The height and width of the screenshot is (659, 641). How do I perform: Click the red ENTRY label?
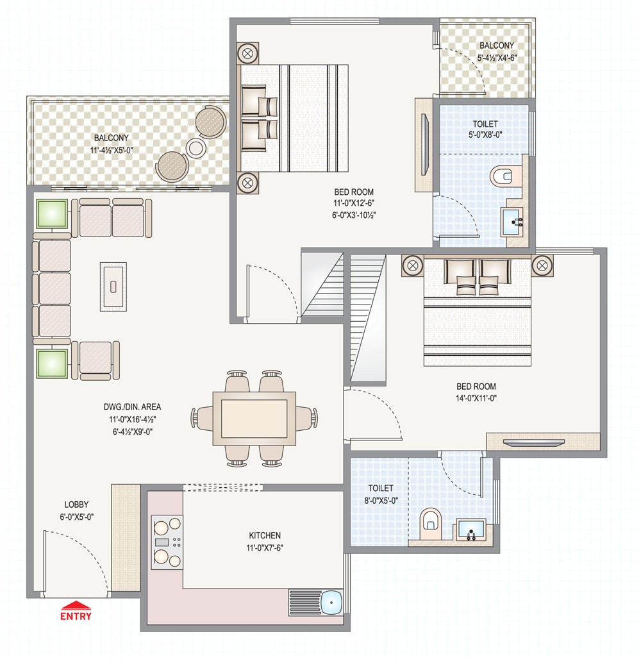click(x=76, y=616)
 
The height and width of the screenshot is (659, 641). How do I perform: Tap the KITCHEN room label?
click(x=265, y=535)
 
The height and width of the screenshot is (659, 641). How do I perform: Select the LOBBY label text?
click(x=76, y=505)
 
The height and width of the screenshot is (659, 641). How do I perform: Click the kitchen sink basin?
click(x=332, y=602)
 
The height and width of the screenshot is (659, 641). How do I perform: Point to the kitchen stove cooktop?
click(x=167, y=542)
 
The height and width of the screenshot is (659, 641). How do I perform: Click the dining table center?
click(x=254, y=419)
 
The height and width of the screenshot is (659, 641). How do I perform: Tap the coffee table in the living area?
click(x=113, y=287)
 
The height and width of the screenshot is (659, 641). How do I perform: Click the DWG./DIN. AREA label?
click(x=133, y=407)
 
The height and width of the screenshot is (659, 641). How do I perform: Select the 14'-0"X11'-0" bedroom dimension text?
click(x=476, y=398)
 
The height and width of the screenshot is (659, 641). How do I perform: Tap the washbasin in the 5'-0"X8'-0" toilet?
click(x=513, y=222)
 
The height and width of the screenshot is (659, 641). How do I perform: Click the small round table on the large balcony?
click(x=196, y=147)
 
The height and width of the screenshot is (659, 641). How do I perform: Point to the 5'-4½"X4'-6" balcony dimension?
click(x=497, y=58)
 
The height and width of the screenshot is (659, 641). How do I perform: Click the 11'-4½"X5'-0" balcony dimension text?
click(x=112, y=150)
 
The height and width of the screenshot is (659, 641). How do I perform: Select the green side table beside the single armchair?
click(x=52, y=363)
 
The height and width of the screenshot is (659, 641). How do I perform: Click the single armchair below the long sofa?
click(x=96, y=360)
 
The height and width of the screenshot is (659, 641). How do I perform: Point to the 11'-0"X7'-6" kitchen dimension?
click(x=265, y=547)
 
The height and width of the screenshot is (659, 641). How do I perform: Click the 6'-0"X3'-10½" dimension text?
click(x=354, y=215)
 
